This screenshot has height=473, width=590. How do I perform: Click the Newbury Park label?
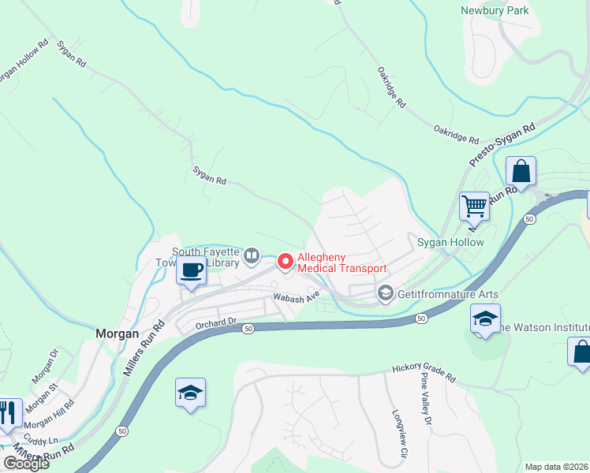pos(495,10)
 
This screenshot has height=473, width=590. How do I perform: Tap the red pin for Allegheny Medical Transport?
pos(285,259)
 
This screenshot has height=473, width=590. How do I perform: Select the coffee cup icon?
pos(191,270)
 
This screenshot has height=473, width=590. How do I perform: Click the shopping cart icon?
pos(474,206)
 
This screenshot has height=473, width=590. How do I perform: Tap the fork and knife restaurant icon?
pos(8,413)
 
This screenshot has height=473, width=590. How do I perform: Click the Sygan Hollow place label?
pos(450,242)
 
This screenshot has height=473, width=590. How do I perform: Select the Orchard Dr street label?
pos(216,322)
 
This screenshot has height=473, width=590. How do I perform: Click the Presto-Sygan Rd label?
pos(502,144)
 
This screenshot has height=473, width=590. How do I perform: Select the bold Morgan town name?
pos(118,333)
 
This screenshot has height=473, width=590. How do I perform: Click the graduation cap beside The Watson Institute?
pos(484,319)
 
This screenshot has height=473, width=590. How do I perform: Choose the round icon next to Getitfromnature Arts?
pos(385,293)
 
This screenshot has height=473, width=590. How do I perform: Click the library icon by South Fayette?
pos(252,255)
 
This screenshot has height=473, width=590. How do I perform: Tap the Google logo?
pos(26,464)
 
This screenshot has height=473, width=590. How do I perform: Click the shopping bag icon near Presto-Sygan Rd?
pos(521,171)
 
